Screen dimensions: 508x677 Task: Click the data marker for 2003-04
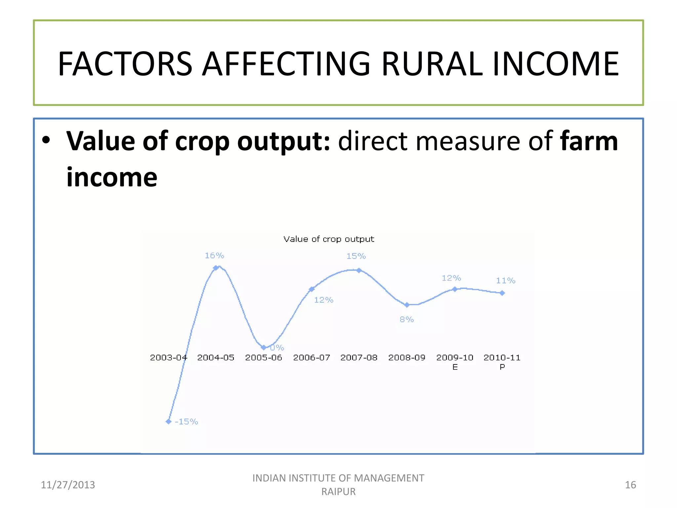[x=169, y=421]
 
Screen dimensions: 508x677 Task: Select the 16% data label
[x=214, y=256]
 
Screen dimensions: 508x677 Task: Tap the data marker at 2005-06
[x=263, y=347]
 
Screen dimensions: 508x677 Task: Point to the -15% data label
[x=186, y=422]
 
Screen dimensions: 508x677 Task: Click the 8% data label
[x=407, y=319]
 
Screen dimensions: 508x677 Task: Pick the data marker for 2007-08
[x=359, y=270]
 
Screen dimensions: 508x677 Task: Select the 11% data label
[x=505, y=281]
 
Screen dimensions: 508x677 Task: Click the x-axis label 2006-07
[x=311, y=358]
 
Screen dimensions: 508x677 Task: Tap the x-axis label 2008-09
[x=407, y=358]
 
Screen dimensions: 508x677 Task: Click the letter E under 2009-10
[x=455, y=367]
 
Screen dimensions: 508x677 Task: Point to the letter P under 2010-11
[x=502, y=367]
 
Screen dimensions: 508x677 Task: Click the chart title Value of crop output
[x=329, y=239]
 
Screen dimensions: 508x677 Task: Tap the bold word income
[x=112, y=178]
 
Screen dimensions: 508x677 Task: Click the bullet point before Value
[x=46, y=140]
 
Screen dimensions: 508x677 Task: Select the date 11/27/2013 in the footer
[x=68, y=485]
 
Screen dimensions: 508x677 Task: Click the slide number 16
[x=630, y=485]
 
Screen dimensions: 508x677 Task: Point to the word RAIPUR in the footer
[x=338, y=492]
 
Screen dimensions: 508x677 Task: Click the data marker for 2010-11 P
[x=502, y=293]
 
